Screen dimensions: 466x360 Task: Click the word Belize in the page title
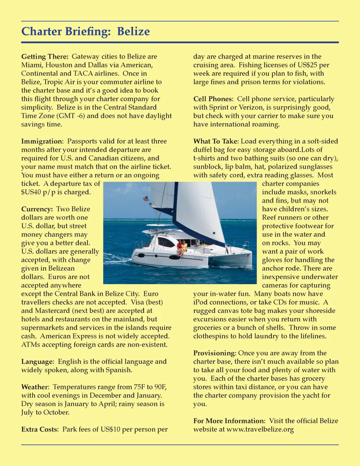133,32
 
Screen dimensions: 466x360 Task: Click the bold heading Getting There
45,57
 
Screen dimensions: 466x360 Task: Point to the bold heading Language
37,362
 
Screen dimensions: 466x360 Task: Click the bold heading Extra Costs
40,429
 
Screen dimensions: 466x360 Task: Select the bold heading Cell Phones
213,99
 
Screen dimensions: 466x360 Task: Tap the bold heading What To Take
216,141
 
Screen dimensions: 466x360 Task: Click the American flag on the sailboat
146,198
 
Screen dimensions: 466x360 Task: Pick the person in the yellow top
184,247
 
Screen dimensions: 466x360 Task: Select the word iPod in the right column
201,302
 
